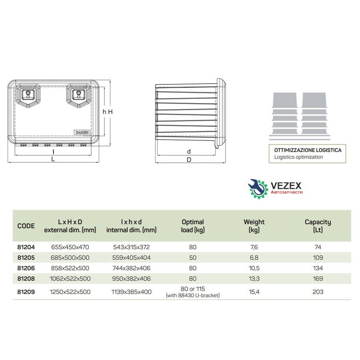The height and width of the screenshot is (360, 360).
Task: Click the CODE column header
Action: tap(26, 226)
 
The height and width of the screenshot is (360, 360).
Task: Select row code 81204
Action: tap(26, 247)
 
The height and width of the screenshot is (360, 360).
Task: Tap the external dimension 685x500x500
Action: tap(70, 258)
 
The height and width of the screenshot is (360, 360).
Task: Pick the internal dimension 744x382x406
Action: tap(131, 268)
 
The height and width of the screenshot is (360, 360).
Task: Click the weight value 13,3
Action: tap(254, 279)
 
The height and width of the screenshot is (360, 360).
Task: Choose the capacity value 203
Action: tap(318, 292)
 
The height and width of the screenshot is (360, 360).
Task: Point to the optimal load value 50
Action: tap(193, 258)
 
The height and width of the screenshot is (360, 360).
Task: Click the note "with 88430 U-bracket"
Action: tap(193, 296)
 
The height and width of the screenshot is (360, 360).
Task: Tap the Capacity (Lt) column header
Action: tap(318, 226)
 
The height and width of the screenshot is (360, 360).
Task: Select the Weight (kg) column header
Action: tap(254, 226)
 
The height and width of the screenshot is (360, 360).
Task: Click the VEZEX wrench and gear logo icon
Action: tap(258, 189)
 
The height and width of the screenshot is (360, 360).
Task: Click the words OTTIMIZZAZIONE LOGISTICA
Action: tap(308, 150)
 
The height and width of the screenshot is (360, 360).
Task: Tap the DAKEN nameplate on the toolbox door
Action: tap(82, 132)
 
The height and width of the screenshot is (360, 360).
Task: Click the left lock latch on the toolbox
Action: tap(28, 94)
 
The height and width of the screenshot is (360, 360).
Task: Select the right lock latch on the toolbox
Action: tap(78, 94)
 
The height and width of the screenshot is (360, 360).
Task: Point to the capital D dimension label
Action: tap(189, 160)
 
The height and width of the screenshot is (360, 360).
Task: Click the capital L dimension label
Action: tap(53, 159)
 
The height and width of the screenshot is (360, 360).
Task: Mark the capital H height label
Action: tap(110, 112)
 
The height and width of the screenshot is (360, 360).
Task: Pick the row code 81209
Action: tap(26, 292)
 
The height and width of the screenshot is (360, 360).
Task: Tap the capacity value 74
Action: tap(318, 247)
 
